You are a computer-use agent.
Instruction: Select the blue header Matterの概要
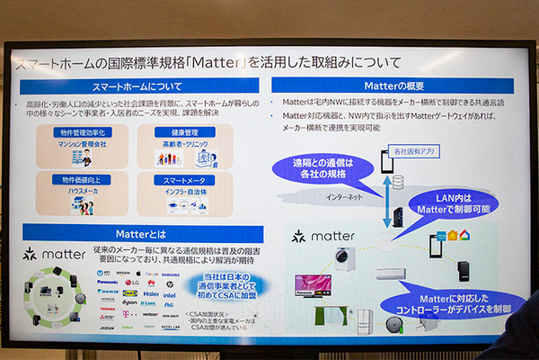[393, 85]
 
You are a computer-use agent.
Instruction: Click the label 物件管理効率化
[84, 132]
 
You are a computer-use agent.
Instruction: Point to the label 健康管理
[181, 132]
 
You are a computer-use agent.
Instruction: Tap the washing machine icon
[345, 257]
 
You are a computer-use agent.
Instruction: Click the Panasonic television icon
[312, 285]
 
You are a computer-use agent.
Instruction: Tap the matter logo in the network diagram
[310, 238]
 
